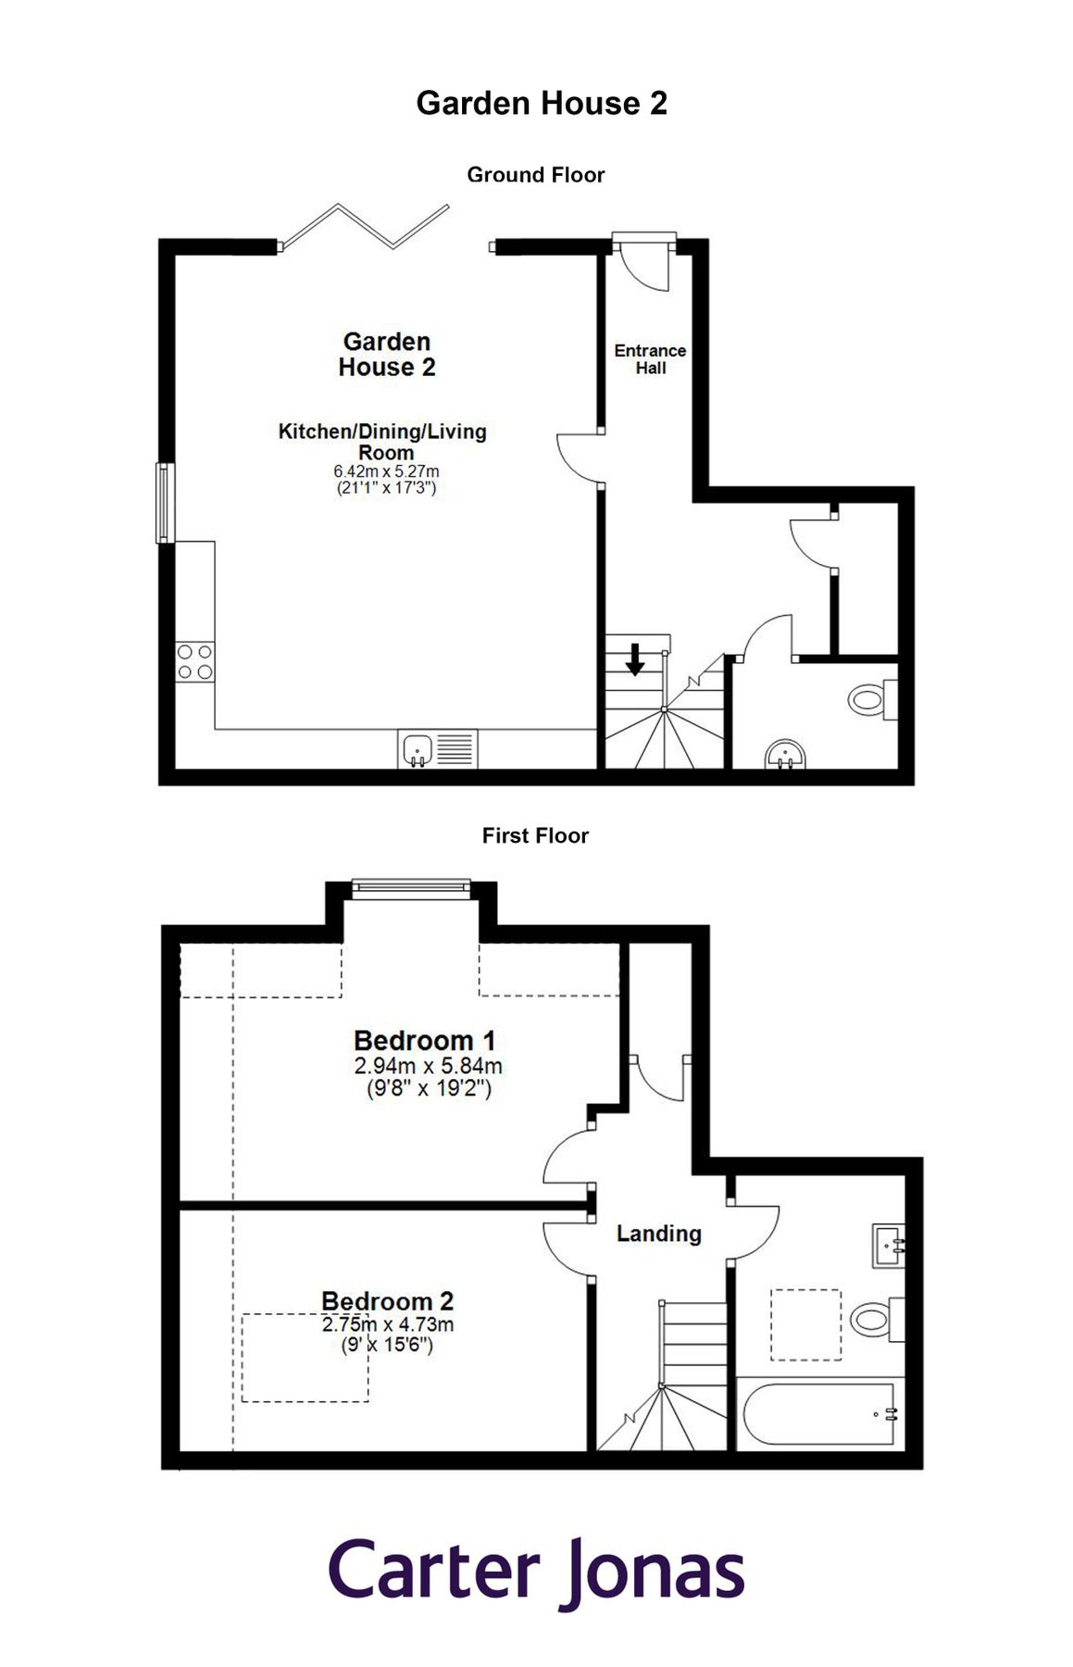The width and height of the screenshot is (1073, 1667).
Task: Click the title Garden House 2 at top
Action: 542,103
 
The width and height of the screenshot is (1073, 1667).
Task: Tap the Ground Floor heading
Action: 535,175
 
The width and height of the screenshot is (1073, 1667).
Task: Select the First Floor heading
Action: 535,835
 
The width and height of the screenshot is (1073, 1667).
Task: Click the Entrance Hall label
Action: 650,359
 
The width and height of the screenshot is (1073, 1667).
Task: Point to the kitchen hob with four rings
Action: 195,662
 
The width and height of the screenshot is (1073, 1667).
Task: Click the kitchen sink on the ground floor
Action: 418,748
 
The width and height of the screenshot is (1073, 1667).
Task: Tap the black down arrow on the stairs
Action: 635,659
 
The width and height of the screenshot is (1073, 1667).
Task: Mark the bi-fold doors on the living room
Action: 366,228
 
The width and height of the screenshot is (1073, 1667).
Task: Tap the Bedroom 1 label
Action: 425,1041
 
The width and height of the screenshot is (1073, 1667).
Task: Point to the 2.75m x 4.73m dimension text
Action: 388,1324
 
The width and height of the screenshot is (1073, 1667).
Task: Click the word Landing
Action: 658,1234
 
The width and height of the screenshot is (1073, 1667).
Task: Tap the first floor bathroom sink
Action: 887,1246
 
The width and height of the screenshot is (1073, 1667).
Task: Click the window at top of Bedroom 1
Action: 411,889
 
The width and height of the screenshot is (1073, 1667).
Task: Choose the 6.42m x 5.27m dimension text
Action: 386,471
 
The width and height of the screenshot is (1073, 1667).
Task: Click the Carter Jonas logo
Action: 537,1572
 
